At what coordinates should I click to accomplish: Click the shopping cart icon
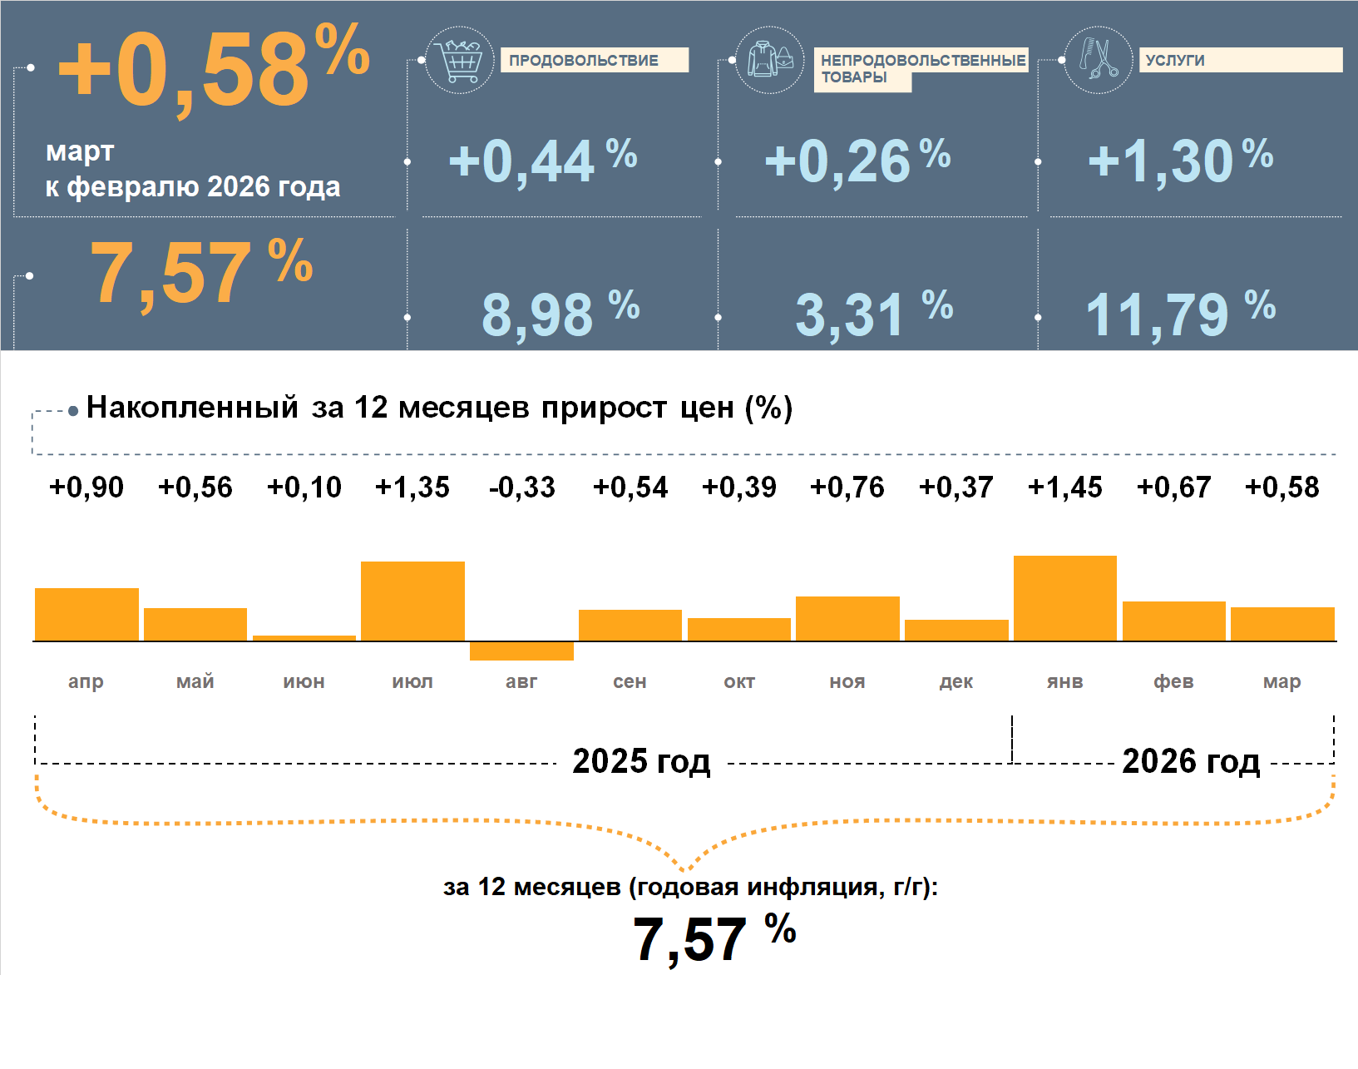[459, 60]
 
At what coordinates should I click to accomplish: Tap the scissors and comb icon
[1099, 60]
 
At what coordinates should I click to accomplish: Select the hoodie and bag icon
[770, 60]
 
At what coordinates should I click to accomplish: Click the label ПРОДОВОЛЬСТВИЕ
[584, 60]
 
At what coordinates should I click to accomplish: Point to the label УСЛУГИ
[1175, 60]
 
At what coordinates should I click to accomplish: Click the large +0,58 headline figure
[185, 70]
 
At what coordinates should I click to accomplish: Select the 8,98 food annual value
[537, 315]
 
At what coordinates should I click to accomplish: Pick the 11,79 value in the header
[1157, 315]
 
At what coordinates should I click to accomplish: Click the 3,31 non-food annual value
[849, 315]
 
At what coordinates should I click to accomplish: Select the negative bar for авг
[521, 651]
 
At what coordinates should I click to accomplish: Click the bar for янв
[1064, 598]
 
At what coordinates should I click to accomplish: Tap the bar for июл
[412, 601]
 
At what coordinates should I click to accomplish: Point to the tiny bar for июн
[304, 638]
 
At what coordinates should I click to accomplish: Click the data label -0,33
[521, 487]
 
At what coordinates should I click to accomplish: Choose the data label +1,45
[1064, 487]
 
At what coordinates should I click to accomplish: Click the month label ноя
[847, 682]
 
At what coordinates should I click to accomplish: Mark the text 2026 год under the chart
[1191, 761]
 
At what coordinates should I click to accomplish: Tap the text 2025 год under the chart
[641, 761]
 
